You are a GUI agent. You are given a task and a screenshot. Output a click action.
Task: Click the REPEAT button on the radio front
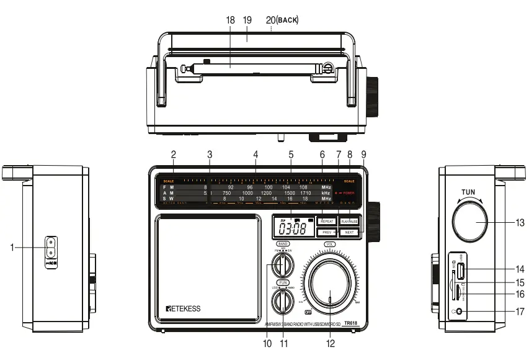(x=327, y=221)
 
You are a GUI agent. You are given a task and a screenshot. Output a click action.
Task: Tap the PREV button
(x=327, y=232)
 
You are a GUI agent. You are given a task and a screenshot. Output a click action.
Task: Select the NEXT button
(x=349, y=232)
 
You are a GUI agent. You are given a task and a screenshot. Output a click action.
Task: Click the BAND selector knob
(x=283, y=265)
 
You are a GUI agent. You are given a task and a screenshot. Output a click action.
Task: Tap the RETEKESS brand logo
(x=184, y=308)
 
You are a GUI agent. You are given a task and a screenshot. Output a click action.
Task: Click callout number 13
(x=520, y=222)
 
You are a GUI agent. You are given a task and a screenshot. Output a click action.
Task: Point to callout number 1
(x=12, y=247)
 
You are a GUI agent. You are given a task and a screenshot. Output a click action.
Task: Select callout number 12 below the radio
(x=330, y=343)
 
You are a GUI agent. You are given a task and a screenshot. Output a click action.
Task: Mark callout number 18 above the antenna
(x=231, y=20)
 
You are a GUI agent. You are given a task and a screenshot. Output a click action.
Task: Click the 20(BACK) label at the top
(x=282, y=20)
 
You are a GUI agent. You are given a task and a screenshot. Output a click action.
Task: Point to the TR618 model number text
(x=350, y=322)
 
